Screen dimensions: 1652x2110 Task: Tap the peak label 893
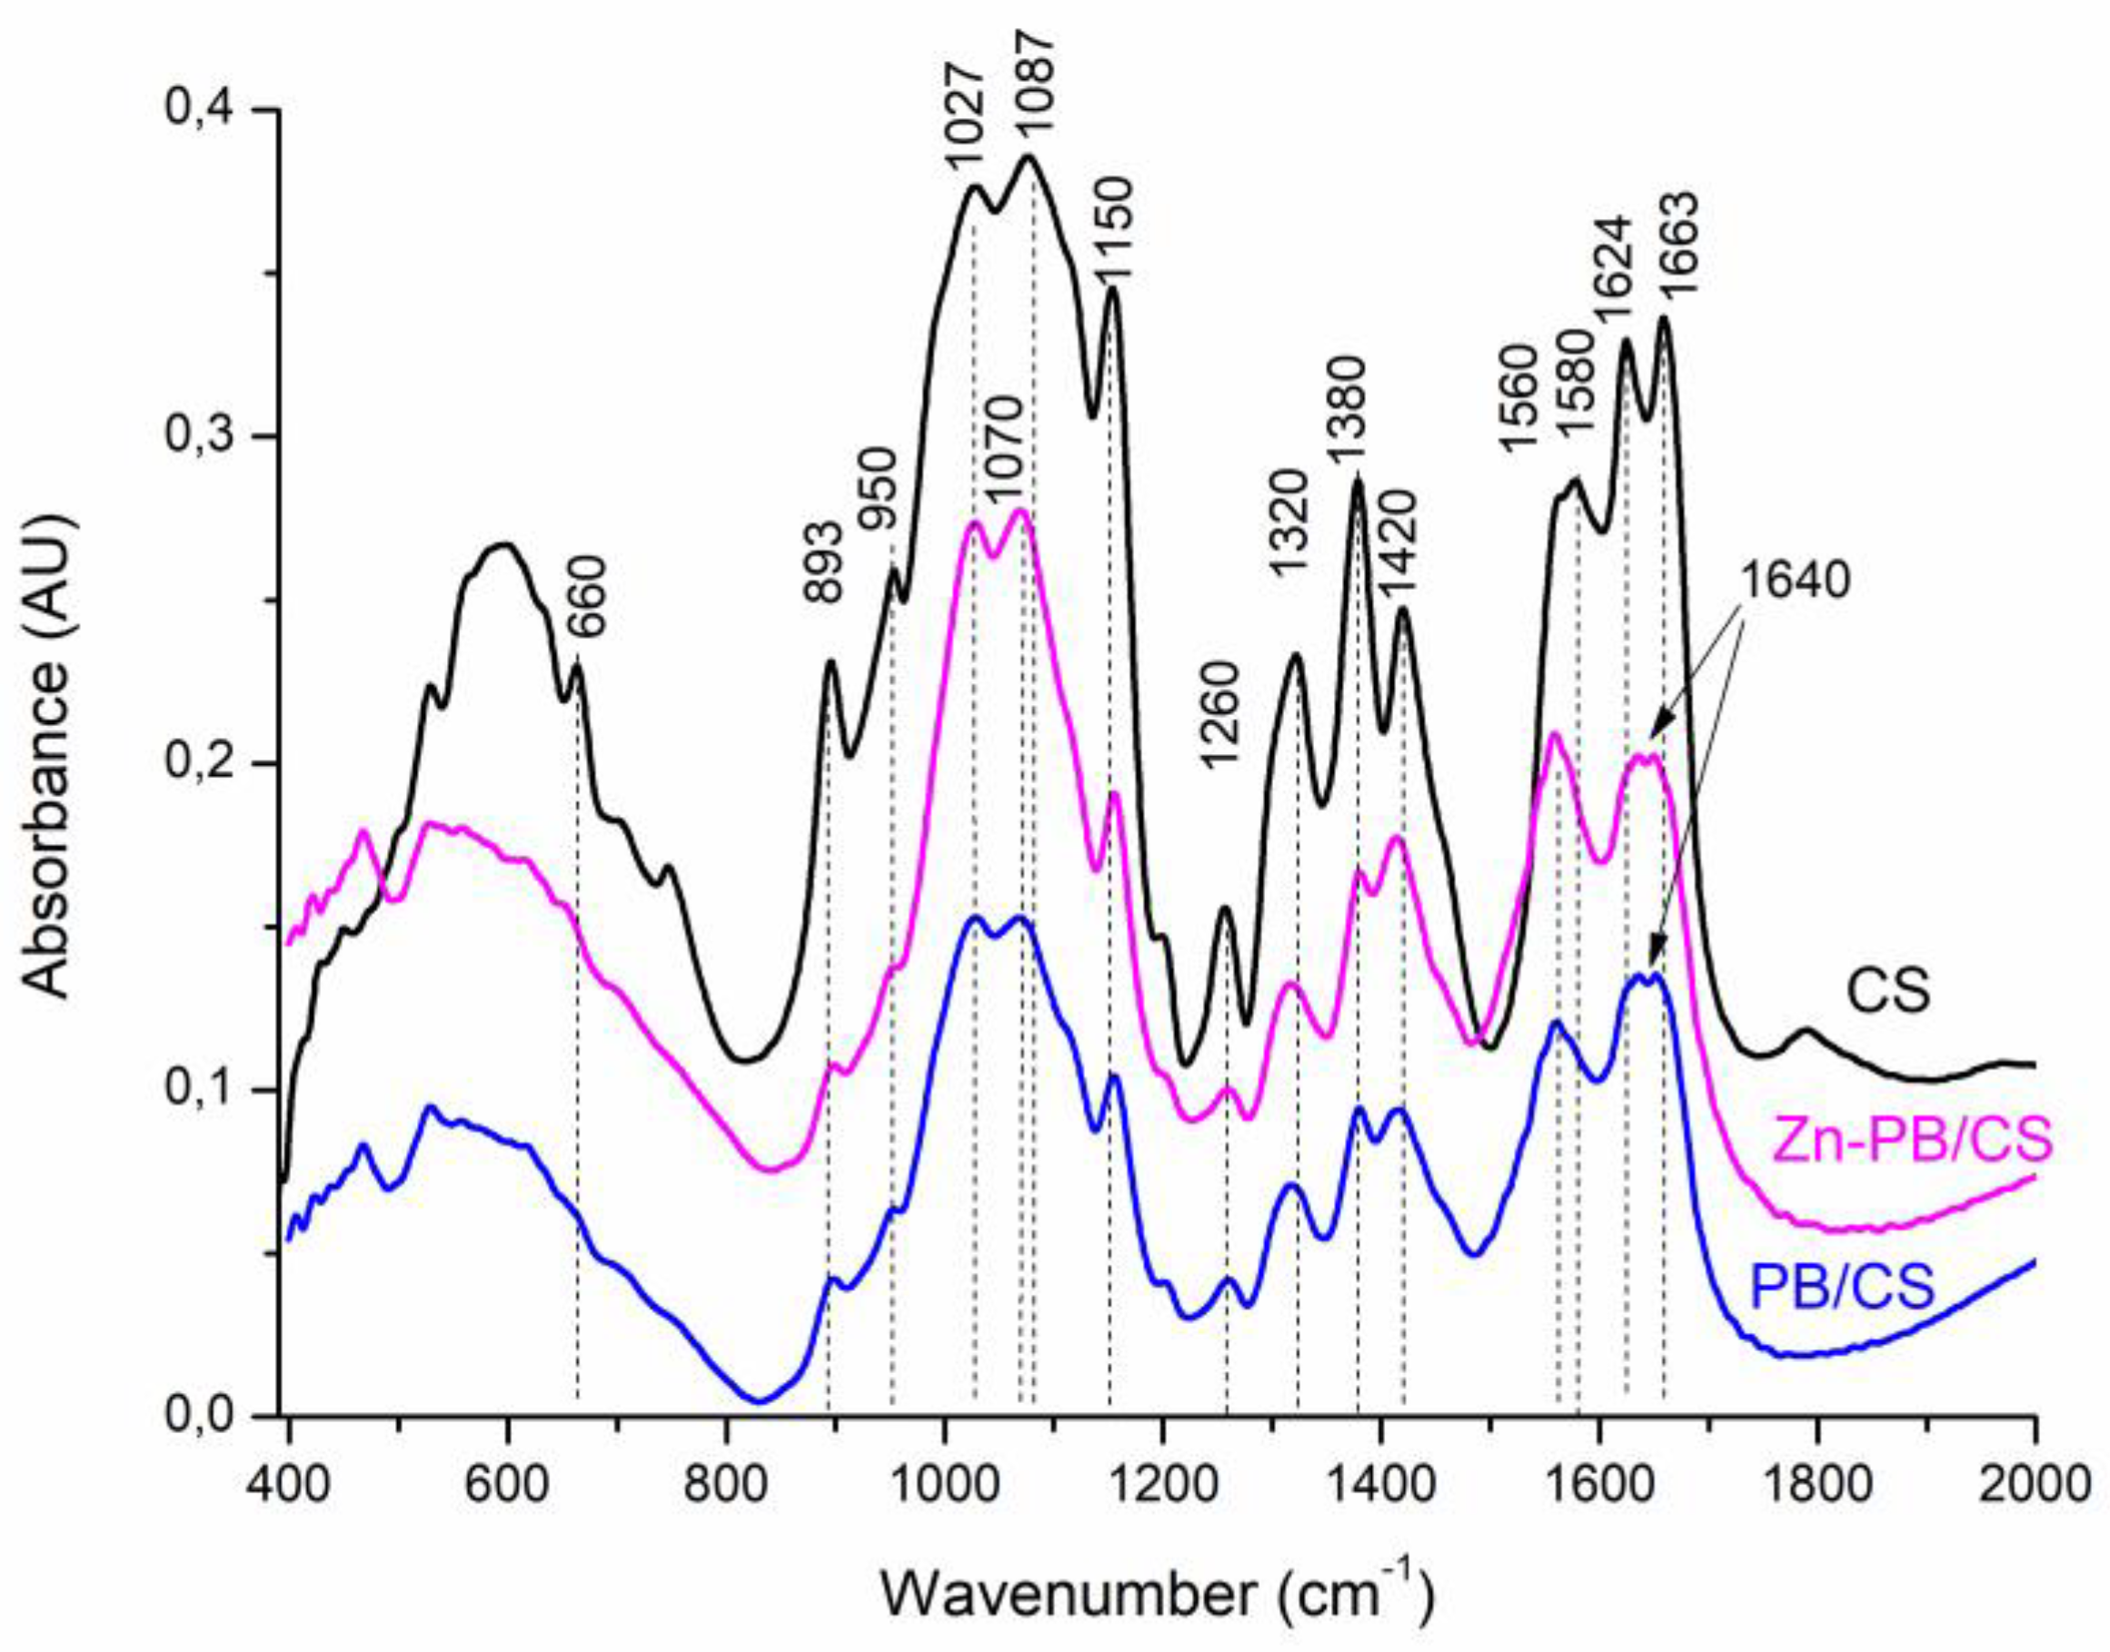click(825, 573)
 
